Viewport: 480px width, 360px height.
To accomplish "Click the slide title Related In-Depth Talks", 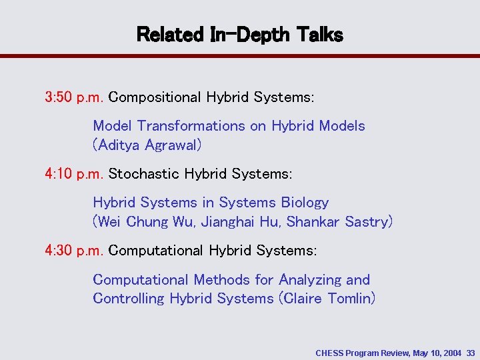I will pyautogui.click(x=239, y=35).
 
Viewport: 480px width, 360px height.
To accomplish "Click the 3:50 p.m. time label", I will pyautogui.click(x=74, y=97).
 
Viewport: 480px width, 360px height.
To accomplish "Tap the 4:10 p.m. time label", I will pyautogui.click(x=74, y=174).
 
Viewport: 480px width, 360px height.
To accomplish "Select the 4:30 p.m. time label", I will pyautogui.click(x=74, y=251).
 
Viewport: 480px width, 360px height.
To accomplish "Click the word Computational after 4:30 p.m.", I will pyautogui.click(x=156, y=251).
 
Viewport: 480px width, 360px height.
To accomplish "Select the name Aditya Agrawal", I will pyautogui.click(x=147, y=145).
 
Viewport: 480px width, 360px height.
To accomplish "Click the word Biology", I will pyautogui.click(x=305, y=203).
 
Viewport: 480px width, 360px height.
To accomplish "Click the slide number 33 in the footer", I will pyautogui.click(x=471, y=351).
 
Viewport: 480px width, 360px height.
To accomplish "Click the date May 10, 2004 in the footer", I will pyautogui.click(x=437, y=351).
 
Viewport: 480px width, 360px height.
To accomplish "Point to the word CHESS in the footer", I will pyautogui.click(x=329, y=351).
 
